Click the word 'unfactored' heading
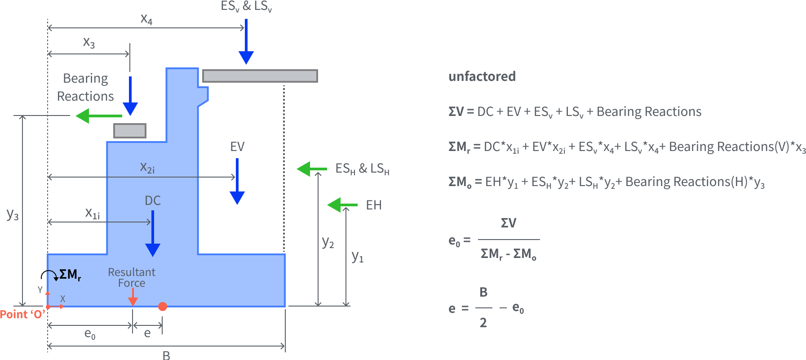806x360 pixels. tap(482, 76)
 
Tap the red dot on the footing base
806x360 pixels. tap(163, 307)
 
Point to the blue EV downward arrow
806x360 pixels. tap(237, 182)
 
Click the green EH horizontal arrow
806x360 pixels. tap(342, 205)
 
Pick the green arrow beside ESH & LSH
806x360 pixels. tap(311, 169)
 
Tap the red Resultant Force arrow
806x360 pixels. tap(133, 297)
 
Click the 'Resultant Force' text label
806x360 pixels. tap(132, 277)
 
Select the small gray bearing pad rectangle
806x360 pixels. tap(130, 131)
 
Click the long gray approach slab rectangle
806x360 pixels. tap(260, 76)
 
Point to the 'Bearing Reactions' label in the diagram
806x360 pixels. tap(85, 87)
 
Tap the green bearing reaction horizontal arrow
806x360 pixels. tap(99, 116)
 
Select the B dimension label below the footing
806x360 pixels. tap(166, 355)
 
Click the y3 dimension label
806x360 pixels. tap(13, 215)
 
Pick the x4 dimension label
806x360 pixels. tap(146, 19)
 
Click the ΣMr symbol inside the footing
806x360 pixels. tap(70, 274)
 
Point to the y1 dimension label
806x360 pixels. tap(357, 256)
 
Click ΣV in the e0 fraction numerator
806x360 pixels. tap(509, 223)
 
